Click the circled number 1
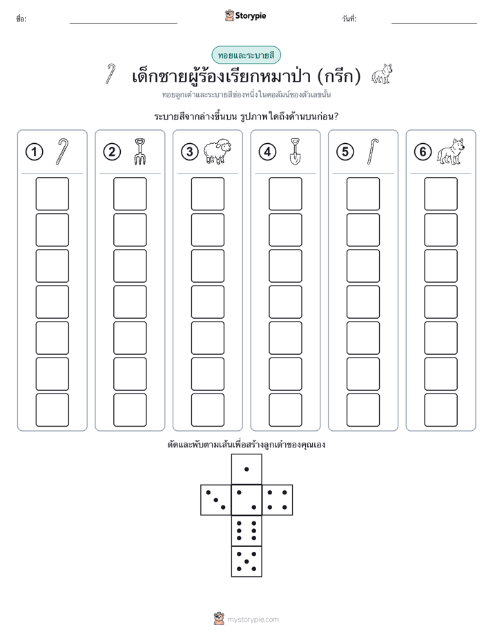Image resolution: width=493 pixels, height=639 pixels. click(x=34, y=152)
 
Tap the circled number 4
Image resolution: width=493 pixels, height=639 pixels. click(x=267, y=152)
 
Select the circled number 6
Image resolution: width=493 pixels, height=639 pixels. click(x=423, y=152)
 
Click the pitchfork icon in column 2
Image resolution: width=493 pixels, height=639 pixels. click(x=139, y=151)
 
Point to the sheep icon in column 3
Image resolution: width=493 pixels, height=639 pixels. click(x=217, y=151)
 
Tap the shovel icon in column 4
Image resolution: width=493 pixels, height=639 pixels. click(x=295, y=151)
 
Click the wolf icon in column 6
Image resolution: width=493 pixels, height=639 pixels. click(x=451, y=151)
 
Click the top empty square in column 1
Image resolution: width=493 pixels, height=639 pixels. click(x=52, y=194)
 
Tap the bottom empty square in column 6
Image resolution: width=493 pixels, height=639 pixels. click(x=441, y=410)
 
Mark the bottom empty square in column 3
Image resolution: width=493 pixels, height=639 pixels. click(x=207, y=410)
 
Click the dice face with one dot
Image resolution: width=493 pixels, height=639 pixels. click(x=246, y=469)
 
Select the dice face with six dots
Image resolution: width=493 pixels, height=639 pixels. click(x=246, y=530)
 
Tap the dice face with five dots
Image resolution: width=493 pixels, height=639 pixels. click(x=246, y=562)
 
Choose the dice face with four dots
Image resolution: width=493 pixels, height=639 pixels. click(x=278, y=500)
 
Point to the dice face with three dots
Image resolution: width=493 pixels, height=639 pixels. click(x=216, y=500)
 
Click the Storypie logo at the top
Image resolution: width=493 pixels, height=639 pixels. click(x=245, y=16)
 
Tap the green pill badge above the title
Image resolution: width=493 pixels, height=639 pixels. click(x=246, y=55)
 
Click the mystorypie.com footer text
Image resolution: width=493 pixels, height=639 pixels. click(x=253, y=620)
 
